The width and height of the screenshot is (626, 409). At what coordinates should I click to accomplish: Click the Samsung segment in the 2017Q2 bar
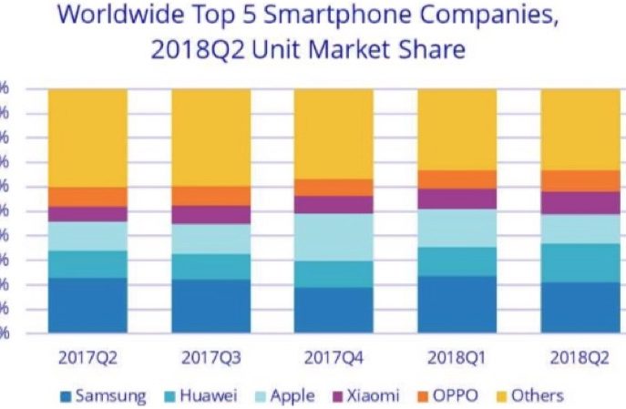click(87, 304)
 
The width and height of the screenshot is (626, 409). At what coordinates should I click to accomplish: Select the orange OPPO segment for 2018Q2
click(580, 180)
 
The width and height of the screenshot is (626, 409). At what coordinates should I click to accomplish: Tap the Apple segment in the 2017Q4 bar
click(334, 237)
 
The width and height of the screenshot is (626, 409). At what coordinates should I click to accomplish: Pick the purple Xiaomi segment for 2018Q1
click(457, 199)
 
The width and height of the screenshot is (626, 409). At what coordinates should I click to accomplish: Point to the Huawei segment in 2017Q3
click(210, 266)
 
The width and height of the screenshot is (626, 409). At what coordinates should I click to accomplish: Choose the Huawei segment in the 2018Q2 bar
click(580, 262)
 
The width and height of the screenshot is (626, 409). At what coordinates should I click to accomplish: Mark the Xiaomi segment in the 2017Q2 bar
click(87, 213)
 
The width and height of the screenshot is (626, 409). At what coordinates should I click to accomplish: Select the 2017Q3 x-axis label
click(210, 357)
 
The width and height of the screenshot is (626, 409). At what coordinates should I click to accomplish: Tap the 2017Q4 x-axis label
click(334, 357)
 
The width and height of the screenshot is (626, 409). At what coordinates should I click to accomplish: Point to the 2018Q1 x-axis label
click(457, 357)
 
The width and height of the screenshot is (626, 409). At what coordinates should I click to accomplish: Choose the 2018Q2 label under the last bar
click(580, 357)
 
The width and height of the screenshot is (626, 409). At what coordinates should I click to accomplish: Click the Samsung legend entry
click(102, 395)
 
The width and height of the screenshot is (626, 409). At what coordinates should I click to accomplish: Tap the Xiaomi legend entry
click(364, 395)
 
